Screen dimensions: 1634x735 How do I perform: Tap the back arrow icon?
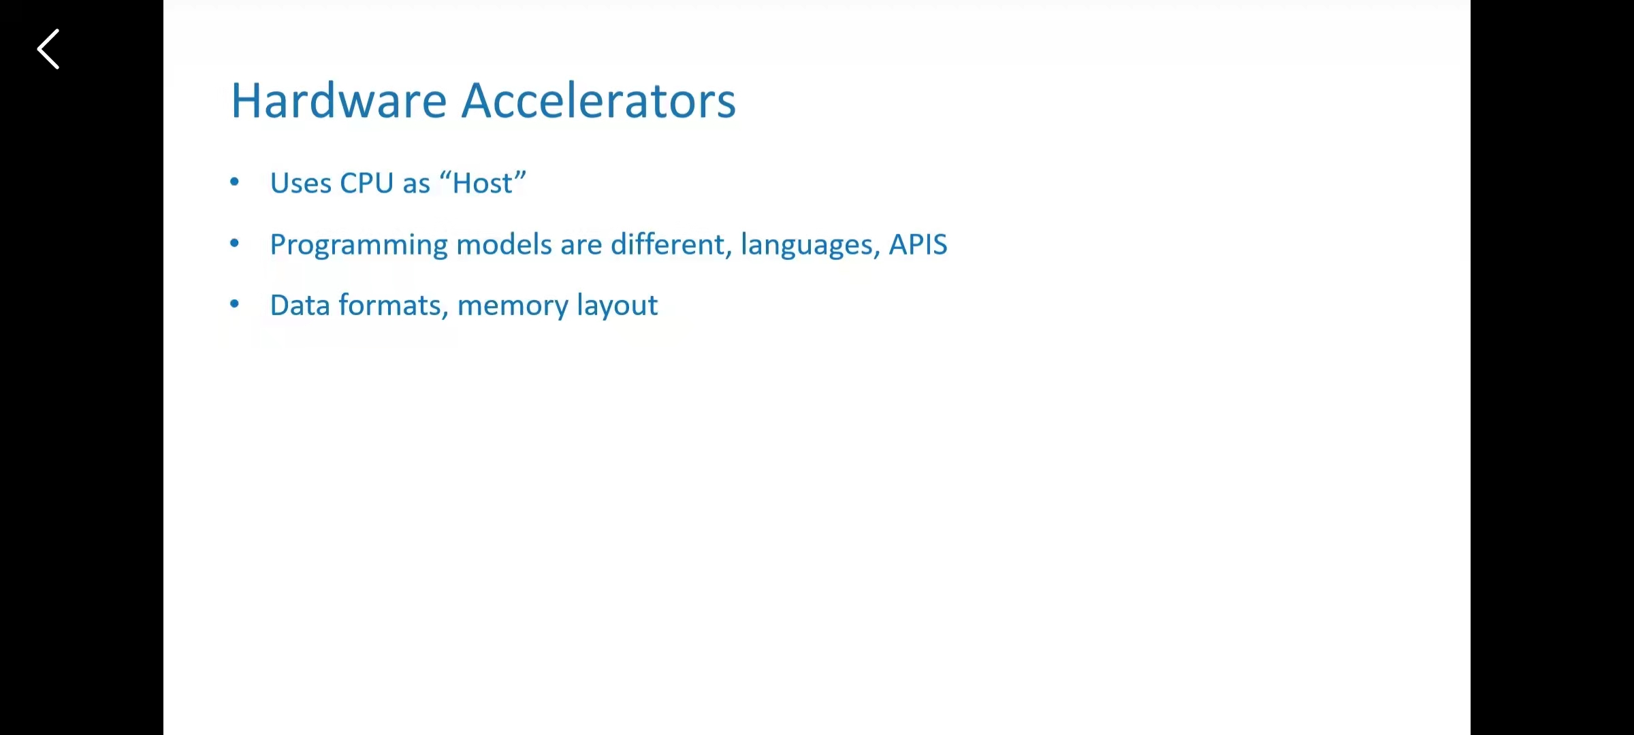(x=48, y=49)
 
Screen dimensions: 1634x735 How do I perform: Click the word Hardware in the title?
(x=339, y=101)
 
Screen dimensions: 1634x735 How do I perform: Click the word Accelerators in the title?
(x=599, y=101)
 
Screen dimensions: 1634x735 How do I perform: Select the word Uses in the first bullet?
(x=301, y=183)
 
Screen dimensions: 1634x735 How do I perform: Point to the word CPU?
(x=367, y=183)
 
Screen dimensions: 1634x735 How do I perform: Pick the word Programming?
(x=359, y=245)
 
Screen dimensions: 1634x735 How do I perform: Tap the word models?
(x=504, y=244)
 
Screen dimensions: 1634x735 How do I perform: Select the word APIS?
(x=918, y=244)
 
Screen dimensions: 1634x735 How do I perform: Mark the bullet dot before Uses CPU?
(x=235, y=182)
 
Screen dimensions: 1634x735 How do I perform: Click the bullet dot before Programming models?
(x=235, y=243)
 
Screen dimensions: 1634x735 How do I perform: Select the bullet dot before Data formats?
(x=235, y=304)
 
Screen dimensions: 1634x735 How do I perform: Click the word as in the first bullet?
(x=417, y=185)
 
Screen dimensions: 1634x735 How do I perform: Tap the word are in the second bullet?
(x=581, y=246)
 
